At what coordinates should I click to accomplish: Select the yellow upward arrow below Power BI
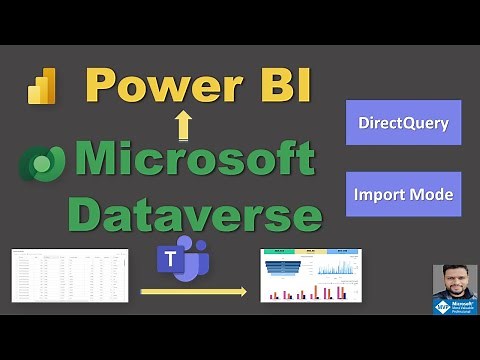(183, 125)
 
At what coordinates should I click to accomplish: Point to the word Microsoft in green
(194, 160)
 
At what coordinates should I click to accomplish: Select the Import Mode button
(403, 193)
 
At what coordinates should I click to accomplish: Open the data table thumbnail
(70, 274)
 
